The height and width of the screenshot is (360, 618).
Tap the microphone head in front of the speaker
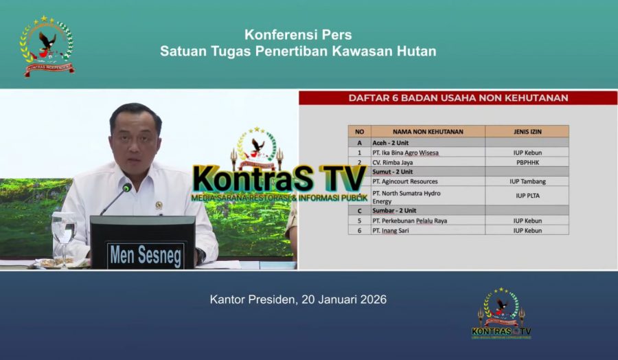point(127,188)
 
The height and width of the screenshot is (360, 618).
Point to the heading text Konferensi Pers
point(298,35)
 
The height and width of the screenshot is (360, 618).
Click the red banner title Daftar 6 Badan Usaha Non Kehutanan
point(458,98)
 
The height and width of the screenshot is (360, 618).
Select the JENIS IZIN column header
point(527,131)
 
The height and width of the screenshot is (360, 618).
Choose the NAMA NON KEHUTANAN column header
point(428,131)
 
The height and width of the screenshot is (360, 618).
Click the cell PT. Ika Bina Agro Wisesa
point(406,152)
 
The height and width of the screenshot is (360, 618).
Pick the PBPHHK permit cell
point(527,162)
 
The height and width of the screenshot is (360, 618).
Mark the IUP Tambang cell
point(527,181)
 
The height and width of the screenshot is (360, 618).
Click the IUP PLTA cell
point(527,196)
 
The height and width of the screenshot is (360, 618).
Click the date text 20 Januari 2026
point(344,300)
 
